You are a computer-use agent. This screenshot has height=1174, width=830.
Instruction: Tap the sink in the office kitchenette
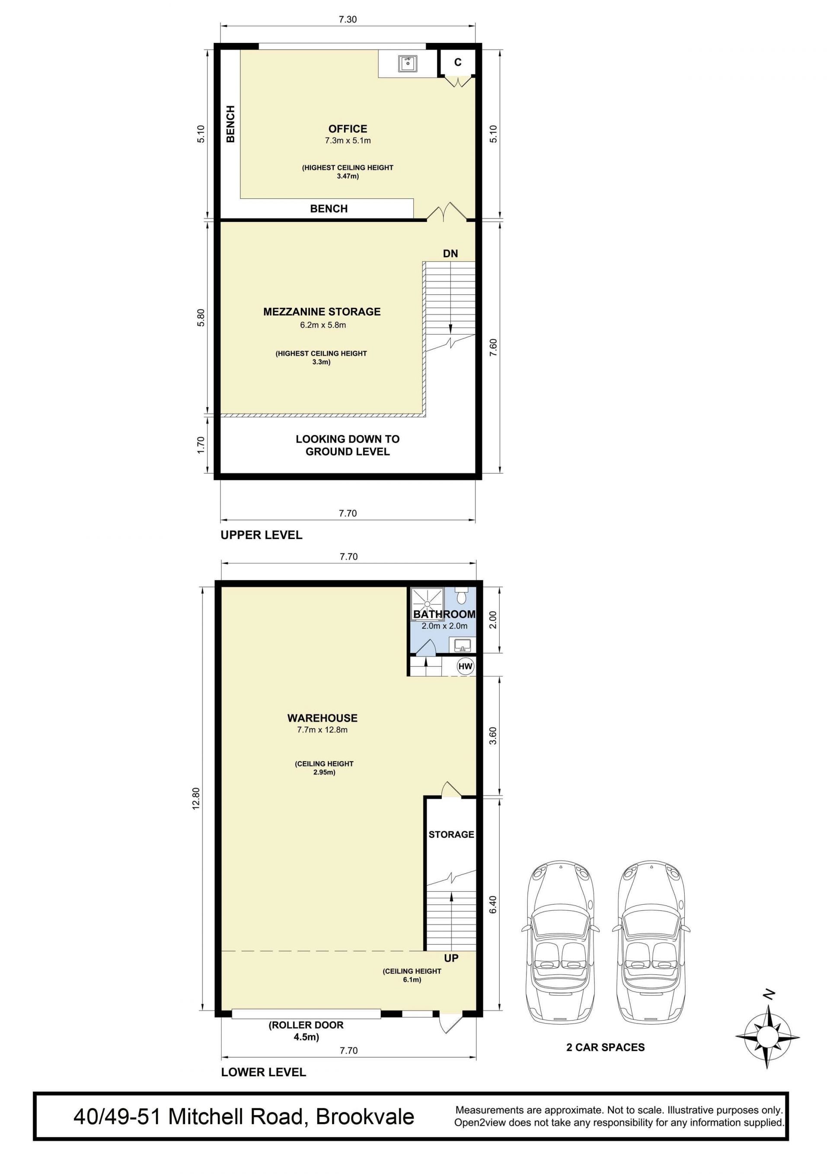408,64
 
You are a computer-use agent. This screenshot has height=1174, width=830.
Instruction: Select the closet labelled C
458,62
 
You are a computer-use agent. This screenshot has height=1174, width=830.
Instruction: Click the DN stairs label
450,254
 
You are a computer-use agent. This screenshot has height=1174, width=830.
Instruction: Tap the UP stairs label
451,958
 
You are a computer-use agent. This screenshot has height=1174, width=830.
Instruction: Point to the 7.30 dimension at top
348,19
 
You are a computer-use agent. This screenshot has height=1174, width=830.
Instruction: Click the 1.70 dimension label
201,444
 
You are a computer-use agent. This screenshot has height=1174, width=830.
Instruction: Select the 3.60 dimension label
492,736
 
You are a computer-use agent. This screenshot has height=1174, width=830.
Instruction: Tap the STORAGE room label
451,835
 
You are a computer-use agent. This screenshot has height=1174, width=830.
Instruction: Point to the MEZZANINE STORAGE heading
322,311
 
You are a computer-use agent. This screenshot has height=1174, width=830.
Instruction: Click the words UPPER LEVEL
262,535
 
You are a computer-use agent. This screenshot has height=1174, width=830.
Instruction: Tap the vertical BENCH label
231,124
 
